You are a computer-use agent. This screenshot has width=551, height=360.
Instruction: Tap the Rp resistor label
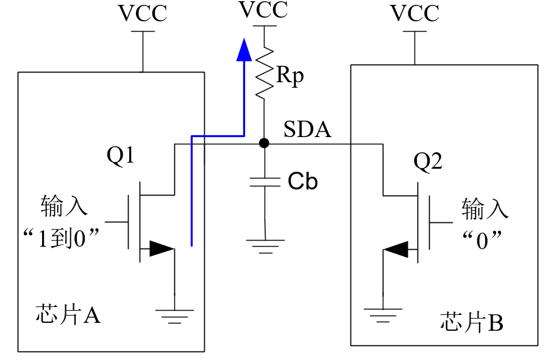pyautogui.click(x=290, y=75)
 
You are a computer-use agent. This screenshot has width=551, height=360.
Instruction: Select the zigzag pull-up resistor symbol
pyautogui.click(x=265, y=73)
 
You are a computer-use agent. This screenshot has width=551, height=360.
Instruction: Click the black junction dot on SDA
pyautogui.click(x=265, y=143)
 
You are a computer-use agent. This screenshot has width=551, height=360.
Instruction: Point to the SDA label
pyautogui.click(x=307, y=129)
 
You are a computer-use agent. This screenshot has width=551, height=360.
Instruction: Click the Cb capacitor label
pyautogui.click(x=302, y=182)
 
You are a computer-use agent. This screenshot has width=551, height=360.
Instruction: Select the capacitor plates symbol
pyautogui.click(x=265, y=182)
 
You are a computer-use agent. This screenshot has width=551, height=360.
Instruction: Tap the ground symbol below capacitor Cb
pyautogui.click(x=265, y=247)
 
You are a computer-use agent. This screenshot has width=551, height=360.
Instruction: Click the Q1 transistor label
pyautogui.click(x=121, y=155)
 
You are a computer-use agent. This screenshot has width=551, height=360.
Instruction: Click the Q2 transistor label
pyautogui.click(x=428, y=161)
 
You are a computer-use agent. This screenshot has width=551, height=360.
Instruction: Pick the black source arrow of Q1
pyautogui.click(x=162, y=249)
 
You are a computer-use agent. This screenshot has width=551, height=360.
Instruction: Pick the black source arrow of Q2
pyautogui.click(x=396, y=249)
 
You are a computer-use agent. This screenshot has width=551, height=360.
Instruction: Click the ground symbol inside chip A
pyautogui.click(x=175, y=317)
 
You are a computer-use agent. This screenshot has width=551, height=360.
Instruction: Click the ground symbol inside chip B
pyautogui.click(x=383, y=316)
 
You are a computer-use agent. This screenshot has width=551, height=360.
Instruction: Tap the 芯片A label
pyautogui.click(x=68, y=314)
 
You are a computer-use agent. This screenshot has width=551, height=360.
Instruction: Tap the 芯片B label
pyautogui.click(x=472, y=322)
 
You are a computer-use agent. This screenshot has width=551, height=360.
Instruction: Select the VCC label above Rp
pyautogui.click(x=263, y=10)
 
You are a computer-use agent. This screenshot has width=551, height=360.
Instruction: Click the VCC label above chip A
pyautogui.click(x=143, y=13)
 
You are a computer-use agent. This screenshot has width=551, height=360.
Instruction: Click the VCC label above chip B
pyautogui.click(x=414, y=13)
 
